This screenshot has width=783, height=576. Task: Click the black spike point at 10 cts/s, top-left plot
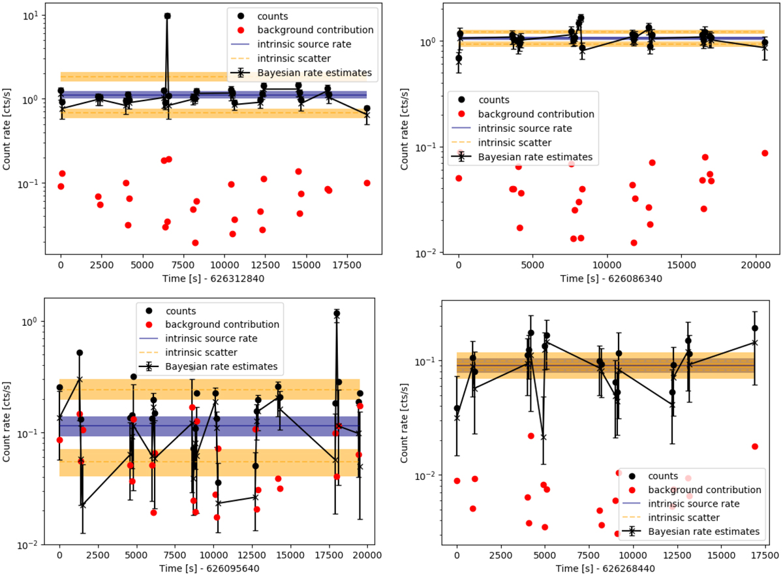[168, 16]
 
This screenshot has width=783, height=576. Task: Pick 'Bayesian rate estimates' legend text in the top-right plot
[535, 157]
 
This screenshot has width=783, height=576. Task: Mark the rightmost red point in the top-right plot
[765, 153]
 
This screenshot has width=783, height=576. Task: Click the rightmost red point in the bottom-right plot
[755, 446]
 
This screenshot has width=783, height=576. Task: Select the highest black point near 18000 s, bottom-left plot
[337, 313]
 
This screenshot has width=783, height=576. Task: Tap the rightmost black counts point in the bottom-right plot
[755, 328]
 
